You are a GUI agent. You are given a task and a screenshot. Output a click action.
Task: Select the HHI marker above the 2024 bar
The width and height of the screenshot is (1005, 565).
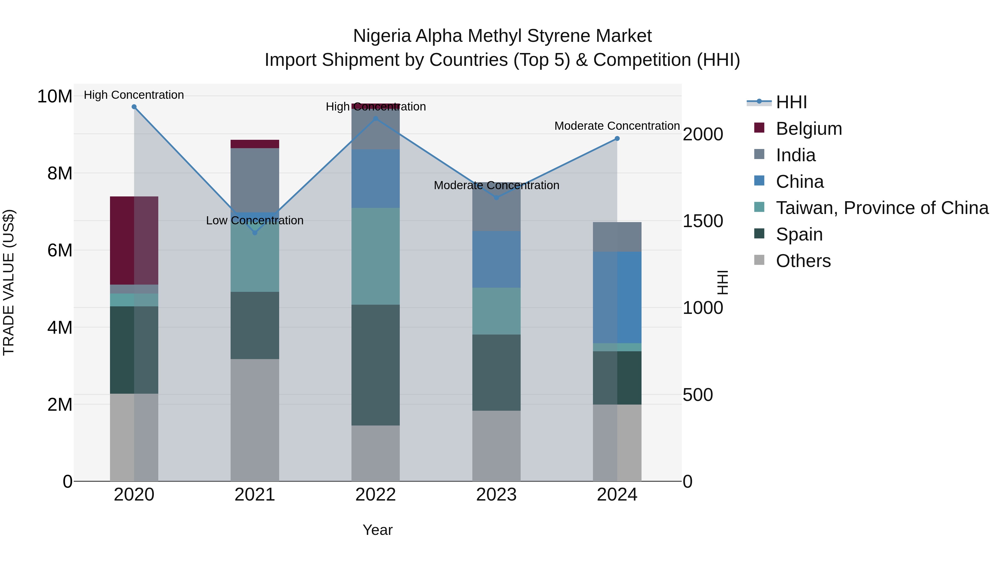point(617,138)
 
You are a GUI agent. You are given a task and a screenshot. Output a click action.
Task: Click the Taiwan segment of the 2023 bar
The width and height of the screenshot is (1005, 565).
point(496,311)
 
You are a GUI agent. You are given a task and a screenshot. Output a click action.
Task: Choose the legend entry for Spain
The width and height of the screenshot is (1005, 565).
point(799,234)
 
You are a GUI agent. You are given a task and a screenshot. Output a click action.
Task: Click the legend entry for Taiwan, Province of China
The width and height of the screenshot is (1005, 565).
point(882,208)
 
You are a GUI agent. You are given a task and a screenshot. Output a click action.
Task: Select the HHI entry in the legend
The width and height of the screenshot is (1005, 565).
point(791,102)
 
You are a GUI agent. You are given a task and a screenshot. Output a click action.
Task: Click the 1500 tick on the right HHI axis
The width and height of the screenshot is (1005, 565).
point(703,221)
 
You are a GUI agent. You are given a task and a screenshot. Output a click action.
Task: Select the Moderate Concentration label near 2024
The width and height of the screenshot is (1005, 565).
point(617,126)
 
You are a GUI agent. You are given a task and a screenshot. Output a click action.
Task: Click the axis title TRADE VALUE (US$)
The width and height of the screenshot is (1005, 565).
point(9,282)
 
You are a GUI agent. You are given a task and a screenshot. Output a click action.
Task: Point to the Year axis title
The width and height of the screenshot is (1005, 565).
point(377,530)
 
